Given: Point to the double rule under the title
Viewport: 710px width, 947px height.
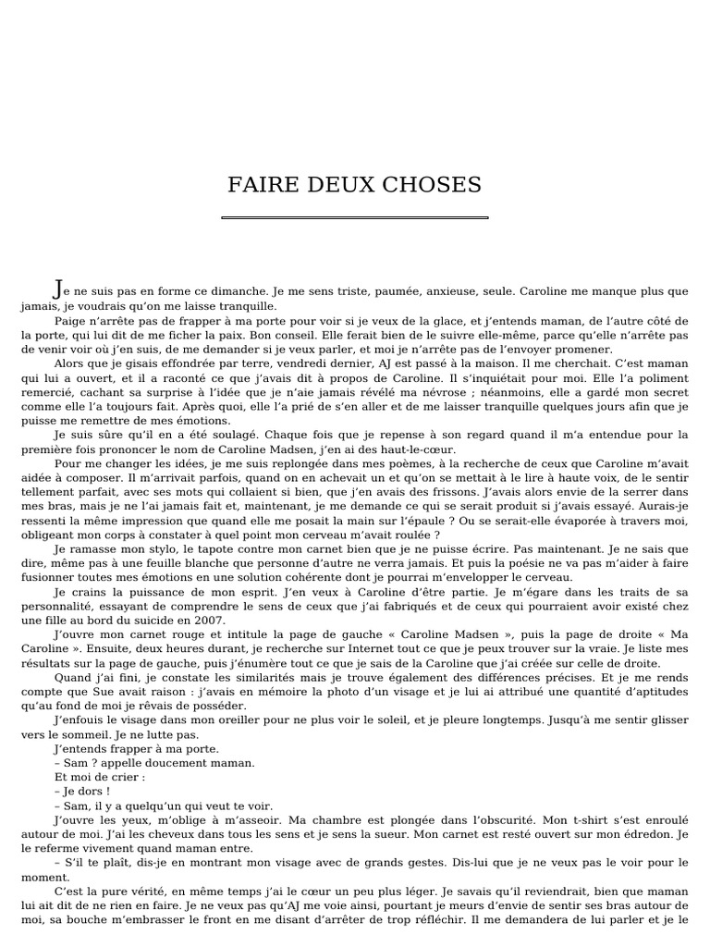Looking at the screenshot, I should (355, 218).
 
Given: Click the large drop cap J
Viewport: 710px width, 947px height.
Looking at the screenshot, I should (60, 289).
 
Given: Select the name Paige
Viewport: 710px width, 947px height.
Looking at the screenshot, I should (70, 320).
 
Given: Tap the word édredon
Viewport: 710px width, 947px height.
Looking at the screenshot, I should (648, 833).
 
